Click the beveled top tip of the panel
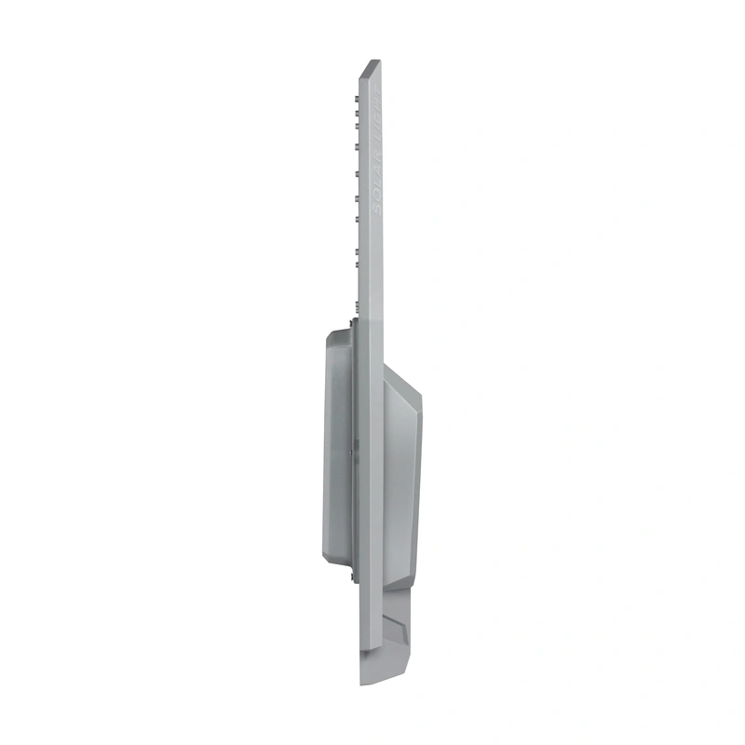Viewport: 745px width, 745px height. [x=372, y=65]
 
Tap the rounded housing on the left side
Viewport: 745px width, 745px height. [x=337, y=447]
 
